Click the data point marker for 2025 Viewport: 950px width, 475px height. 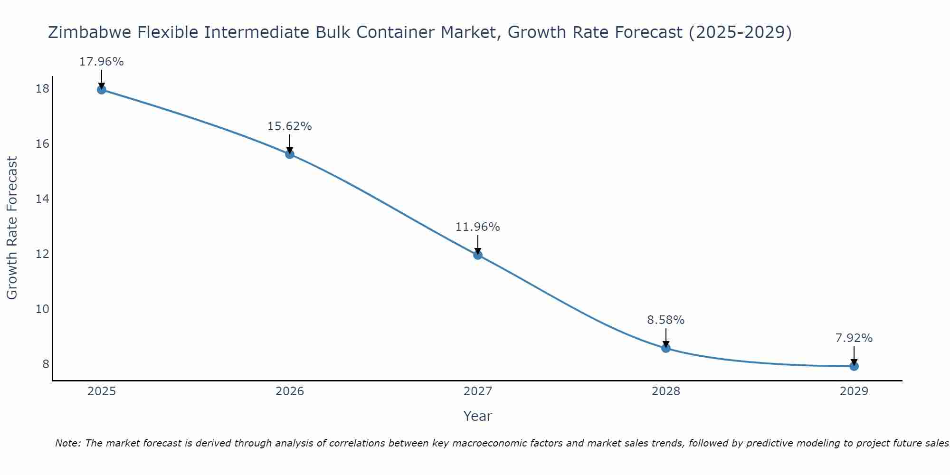(101, 89)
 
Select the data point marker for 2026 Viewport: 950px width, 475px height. (290, 154)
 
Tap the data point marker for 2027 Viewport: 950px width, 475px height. (478, 255)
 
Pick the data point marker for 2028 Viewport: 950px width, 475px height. (666, 348)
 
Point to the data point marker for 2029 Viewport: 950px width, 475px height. (854, 366)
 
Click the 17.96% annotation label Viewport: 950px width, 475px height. (101, 62)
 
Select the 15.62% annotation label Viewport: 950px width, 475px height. (290, 126)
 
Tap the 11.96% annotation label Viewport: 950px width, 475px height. (478, 227)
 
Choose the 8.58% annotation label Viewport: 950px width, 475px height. (666, 320)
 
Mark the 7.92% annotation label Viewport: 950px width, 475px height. (854, 338)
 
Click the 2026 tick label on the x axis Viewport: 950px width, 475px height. (290, 391)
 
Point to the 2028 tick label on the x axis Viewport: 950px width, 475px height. (666, 391)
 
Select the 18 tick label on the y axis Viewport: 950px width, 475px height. (42, 89)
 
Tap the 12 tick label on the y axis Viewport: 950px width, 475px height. (42, 254)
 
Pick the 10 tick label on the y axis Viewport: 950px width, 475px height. (42, 309)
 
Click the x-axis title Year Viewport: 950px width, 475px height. (478, 416)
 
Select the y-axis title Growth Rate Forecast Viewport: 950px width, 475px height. (12, 228)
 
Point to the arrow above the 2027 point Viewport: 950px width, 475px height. (478, 244)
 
